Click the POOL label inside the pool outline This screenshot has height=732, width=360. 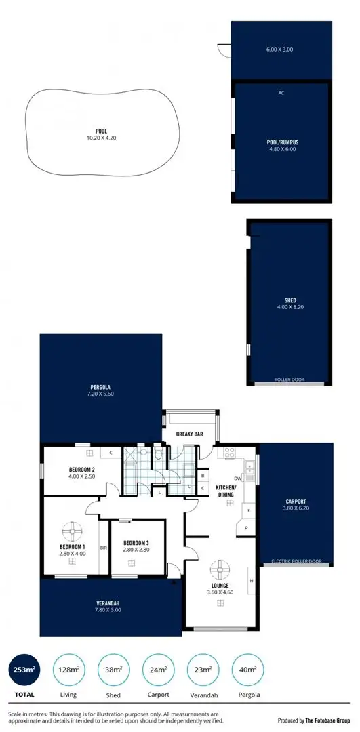102,131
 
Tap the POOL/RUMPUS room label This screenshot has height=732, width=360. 283,142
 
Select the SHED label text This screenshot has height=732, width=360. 290,300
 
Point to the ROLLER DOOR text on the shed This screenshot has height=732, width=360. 289,380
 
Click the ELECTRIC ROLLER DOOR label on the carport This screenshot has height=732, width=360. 296,561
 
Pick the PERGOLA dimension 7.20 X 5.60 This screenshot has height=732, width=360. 100,394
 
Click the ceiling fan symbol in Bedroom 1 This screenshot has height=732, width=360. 72,530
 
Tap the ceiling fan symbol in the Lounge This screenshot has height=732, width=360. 219,567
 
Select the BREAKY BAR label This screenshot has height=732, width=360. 187,434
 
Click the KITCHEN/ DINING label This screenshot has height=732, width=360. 226,491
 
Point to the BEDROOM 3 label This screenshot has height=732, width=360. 136,543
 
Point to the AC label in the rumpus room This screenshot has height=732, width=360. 281,94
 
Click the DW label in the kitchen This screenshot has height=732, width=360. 238,478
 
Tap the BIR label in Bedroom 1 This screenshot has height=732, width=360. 103,548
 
